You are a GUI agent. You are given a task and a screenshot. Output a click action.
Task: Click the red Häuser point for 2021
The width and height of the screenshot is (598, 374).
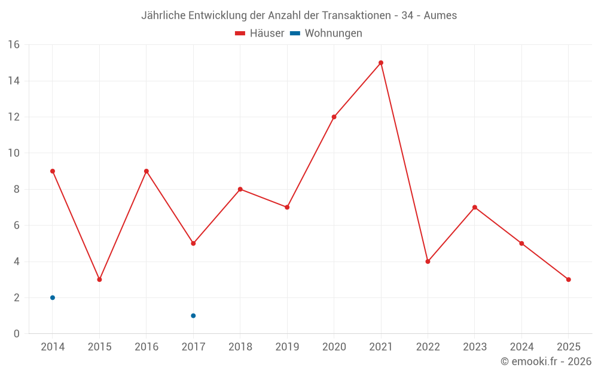click(x=381, y=63)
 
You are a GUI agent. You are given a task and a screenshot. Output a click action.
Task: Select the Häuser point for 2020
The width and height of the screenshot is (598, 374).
click(x=334, y=117)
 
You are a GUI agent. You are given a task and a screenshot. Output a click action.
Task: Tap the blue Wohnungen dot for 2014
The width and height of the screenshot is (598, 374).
click(x=53, y=297)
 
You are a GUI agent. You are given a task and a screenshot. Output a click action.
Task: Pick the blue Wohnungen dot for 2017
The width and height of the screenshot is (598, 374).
click(x=193, y=315)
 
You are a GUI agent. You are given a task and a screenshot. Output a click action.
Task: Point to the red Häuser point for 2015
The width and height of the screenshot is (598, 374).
click(x=99, y=279)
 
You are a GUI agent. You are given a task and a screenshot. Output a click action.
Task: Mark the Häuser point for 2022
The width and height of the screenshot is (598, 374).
click(x=428, y=262)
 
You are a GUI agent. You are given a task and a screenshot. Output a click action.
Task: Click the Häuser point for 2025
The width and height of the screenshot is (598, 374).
click(x=568, y=279)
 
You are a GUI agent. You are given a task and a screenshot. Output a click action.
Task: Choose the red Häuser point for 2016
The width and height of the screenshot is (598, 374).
click(x=147, y=171)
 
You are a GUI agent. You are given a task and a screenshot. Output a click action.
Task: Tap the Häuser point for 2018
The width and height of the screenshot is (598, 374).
click(x=240, y=189)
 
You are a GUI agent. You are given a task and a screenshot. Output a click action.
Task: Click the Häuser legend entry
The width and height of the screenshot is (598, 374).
click(x=260, y=34)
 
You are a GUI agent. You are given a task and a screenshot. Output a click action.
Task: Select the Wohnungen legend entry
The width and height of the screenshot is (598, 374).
click(x=327, y=34)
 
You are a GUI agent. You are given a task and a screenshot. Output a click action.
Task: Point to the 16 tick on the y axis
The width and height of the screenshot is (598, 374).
click(x=14, y=45)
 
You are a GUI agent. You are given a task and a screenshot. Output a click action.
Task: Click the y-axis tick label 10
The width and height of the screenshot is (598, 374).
click(x=14, y=153)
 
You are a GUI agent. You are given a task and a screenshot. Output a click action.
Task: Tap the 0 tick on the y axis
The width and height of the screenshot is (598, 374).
click(x=17, y=334)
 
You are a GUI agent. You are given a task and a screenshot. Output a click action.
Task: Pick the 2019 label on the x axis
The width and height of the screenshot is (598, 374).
click(x=287, y=347)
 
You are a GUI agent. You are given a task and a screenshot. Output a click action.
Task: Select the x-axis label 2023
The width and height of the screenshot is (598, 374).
click(x=475, y=347)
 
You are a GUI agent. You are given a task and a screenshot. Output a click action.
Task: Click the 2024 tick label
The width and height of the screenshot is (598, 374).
click(x=521, y=347)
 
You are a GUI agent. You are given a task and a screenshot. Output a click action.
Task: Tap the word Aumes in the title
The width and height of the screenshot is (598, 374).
click(x=440, y=16)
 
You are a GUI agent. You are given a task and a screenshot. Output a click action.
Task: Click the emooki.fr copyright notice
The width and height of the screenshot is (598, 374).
click(x=546, y=361)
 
